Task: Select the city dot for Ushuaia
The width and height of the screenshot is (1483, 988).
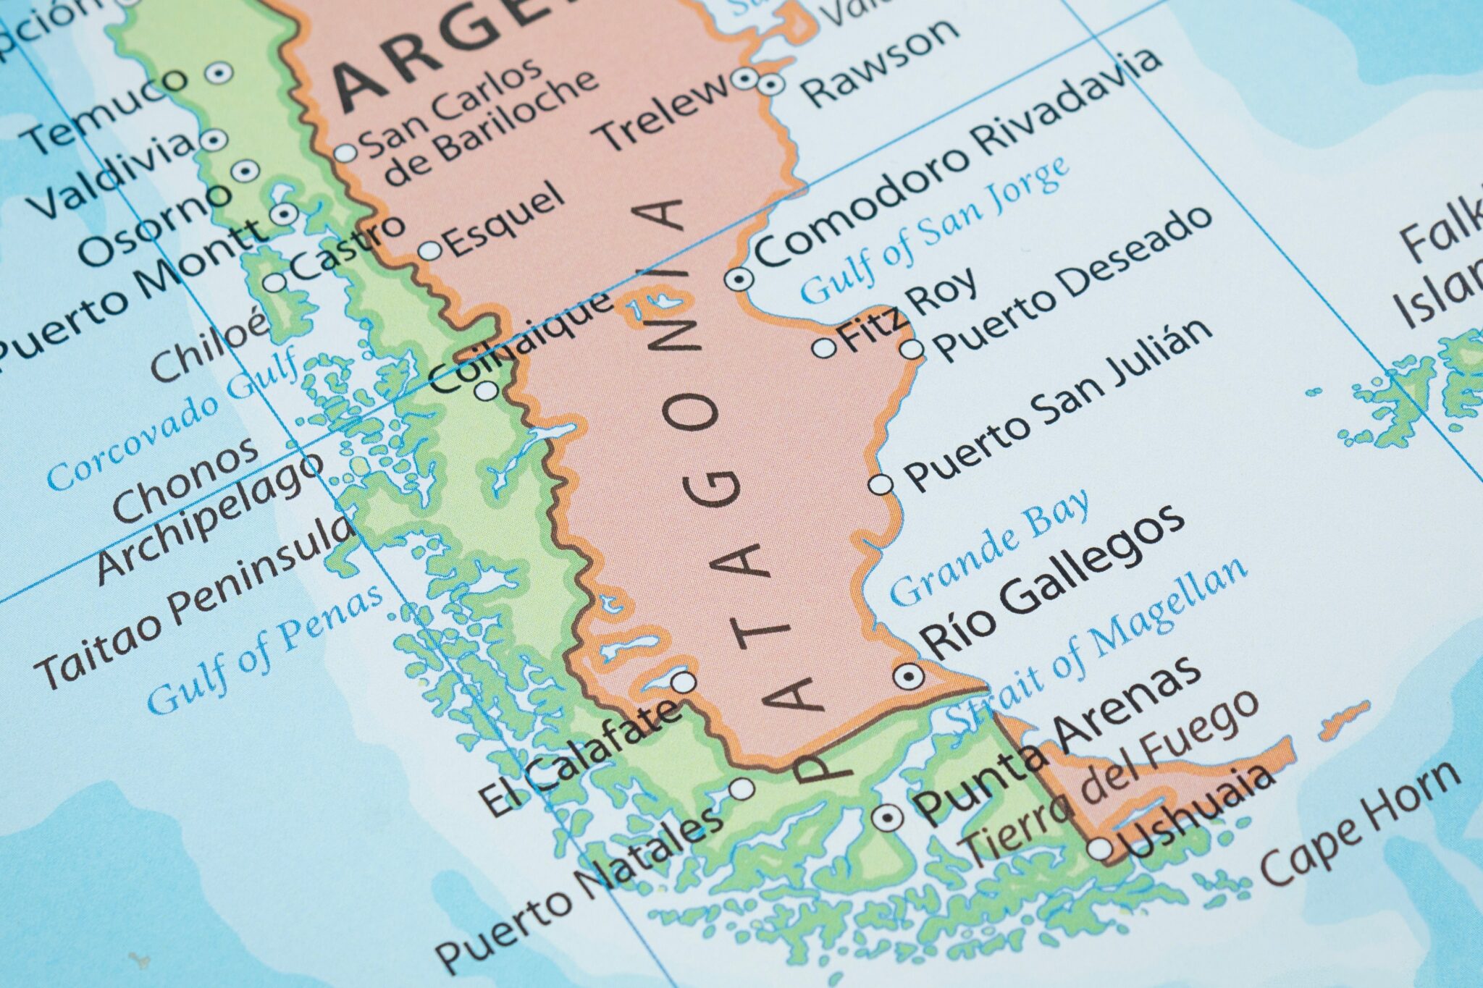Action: coord(1100,849)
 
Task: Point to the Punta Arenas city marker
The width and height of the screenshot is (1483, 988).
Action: coord(888,818)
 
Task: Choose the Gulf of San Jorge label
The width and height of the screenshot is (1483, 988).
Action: coord(934,230)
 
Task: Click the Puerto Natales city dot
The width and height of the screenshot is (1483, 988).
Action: coord(742,788)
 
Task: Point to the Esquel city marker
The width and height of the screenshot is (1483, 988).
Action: coord(430,250)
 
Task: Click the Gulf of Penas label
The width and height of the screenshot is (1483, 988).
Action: coord(265,649)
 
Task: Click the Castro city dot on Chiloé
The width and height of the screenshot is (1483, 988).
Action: coord(275,282)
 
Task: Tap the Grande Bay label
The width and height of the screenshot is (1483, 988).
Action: coord(989,548)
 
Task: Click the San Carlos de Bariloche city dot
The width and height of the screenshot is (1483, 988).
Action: coord(346,153)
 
